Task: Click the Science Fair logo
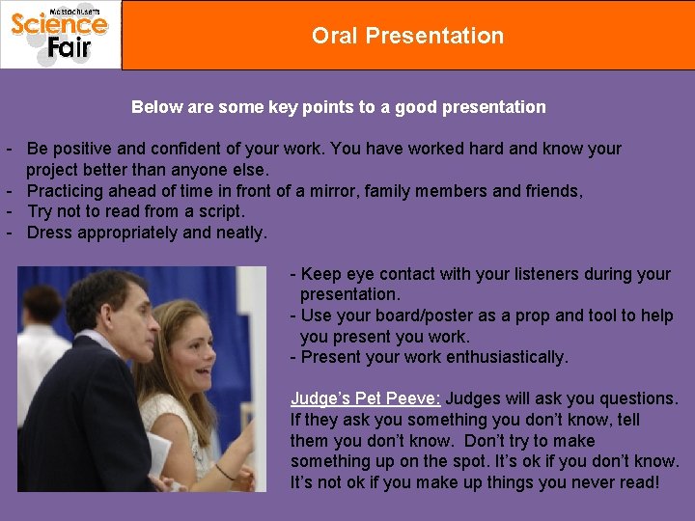click(60, 35)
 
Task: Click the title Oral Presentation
click(407, 36)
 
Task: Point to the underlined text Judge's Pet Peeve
click(366, 398)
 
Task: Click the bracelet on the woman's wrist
click(225, 472)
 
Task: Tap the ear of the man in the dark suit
click(107, 316)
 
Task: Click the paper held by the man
click(158, 454)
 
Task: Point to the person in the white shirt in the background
click(40, 354)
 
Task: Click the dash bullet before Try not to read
click(10, 211)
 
